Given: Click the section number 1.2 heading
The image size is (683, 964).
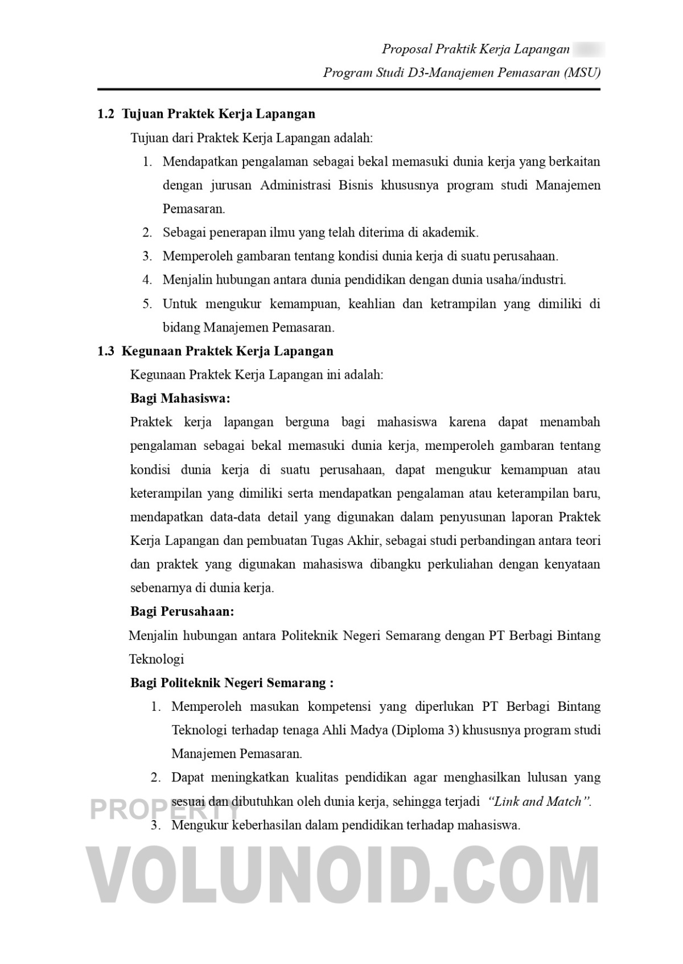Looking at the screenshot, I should pos(106,114).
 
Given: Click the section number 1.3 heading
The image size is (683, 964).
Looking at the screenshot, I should pos(106,351).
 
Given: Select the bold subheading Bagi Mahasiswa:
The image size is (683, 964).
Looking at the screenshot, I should pos(180,398).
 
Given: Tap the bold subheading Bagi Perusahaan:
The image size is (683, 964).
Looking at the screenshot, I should pos(182,611).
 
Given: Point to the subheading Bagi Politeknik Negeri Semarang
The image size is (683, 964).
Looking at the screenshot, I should pos(232,682).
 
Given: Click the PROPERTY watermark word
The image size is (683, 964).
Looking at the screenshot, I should pos(165,809).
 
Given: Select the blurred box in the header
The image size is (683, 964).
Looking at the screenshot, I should pos(589,49).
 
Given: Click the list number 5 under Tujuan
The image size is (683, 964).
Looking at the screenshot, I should pos(147,304).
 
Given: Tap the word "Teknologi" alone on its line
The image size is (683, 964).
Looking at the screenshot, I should pos(157,659).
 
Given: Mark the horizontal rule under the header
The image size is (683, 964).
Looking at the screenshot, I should pos(348,90).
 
